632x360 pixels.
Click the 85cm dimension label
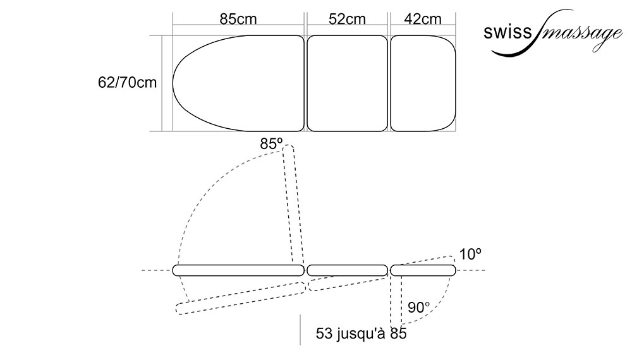tap(238, 19)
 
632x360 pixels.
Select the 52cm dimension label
tap(347, 19)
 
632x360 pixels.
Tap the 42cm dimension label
tap(423, 19)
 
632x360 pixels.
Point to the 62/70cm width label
tap(128, 83)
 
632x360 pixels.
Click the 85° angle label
tap(271, 144)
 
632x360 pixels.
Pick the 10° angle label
tap(470, 254)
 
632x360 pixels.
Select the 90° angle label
tap(418, 308)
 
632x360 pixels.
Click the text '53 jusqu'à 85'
tap(361, 333)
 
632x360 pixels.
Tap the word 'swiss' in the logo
tap(508, 32)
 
